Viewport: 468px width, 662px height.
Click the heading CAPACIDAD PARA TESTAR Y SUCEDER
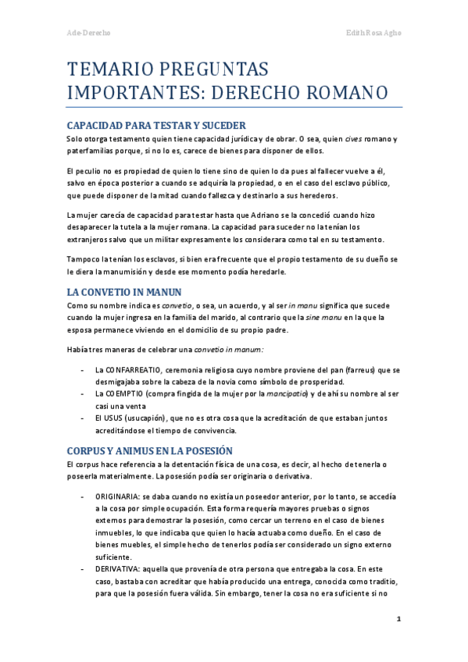pos(156,125)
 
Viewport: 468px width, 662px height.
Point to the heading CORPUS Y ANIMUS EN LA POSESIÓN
pos(149,450)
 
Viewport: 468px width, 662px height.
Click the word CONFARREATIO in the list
pos(128,369)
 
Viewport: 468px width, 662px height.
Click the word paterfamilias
pos(92,151)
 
